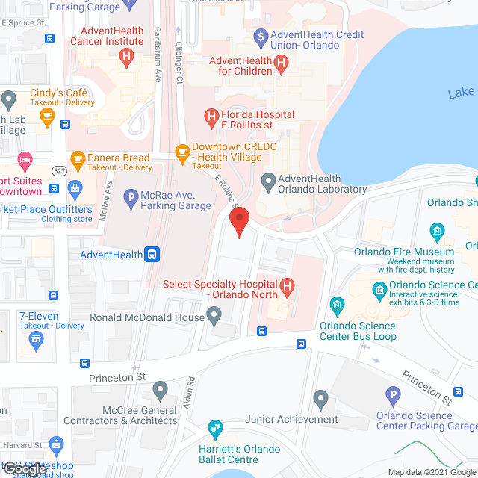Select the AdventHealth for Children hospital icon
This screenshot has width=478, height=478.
point(281,65)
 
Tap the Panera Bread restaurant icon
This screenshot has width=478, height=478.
point(78,158)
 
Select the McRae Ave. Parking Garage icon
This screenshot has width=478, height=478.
point(130,199)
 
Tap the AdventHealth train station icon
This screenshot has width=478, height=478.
point(152,255)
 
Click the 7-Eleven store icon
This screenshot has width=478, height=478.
point(36,341)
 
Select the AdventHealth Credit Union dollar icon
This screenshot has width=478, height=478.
point(260,34)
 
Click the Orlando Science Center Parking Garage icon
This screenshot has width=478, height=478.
point(393,395)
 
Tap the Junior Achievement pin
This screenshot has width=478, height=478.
point(320,400)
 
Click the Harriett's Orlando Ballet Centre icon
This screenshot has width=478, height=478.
point(214,429)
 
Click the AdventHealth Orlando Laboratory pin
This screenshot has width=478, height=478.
point(267,180)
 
